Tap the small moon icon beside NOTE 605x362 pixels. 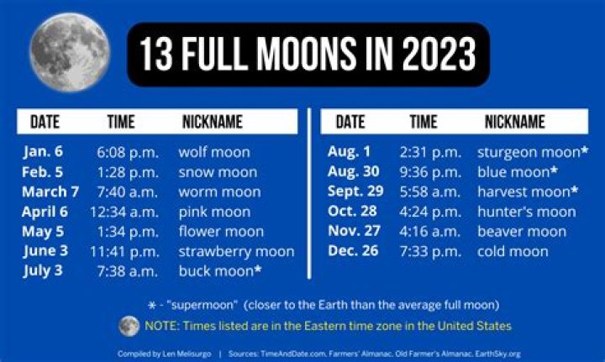click(x=129, y=325)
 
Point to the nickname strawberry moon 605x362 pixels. click(x=236, y=251)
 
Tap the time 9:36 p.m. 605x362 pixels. click(x=430, y=171)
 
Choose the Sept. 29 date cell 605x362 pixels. click(x=355, y=191)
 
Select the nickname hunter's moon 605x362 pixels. click(x=526, y=212)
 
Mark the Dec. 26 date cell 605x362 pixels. click(x=353, y=251)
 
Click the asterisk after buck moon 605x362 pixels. click(x=258, y=270)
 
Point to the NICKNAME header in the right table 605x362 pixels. click(x=514, y=122)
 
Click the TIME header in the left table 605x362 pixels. click(x=121, y=122)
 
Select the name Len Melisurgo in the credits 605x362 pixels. click(x=182, y=354)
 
